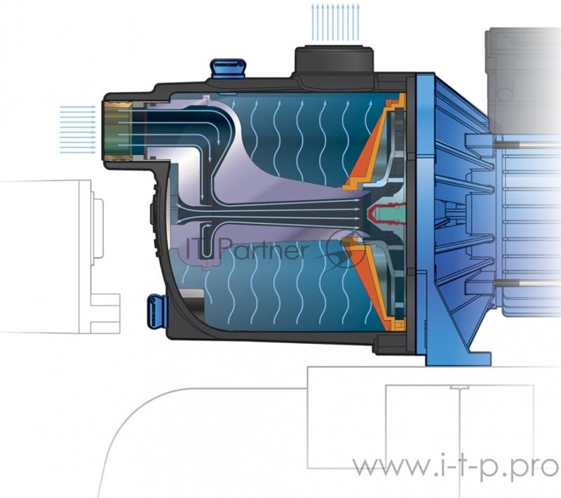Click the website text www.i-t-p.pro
click(454, 466)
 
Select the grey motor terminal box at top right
click(522, 63)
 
